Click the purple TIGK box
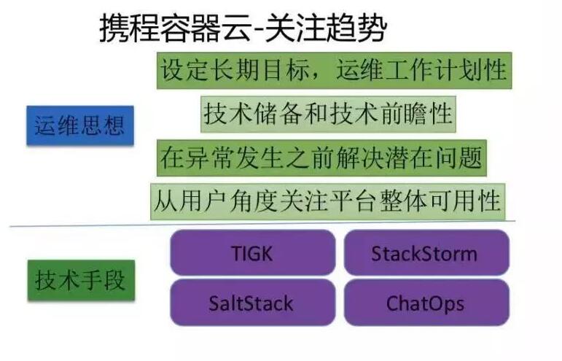pos(253,252)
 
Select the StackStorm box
pos(426,252)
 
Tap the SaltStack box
pos(253,303)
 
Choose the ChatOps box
pos(426,303)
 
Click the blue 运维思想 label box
pos(80,125)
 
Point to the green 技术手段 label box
pos(82,280)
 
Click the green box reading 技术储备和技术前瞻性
pos(328,114)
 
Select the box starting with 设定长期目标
pos(334,70)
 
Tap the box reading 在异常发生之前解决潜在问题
pos(321,158)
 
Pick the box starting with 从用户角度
pos(327,201)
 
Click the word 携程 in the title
pos(129,28)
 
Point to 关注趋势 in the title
pos(326,28)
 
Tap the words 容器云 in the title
pos(205,28)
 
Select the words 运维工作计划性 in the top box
pos(421,70)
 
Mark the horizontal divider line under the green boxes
pos(262,224)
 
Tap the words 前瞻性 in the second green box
pos(415,114)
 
